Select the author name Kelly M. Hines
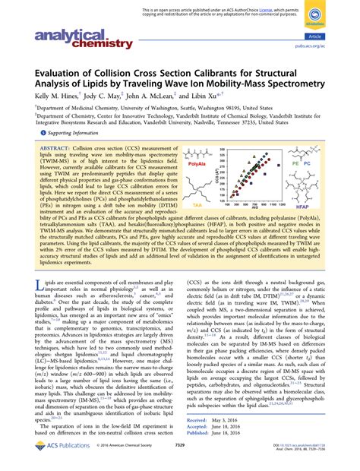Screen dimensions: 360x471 coord(52,99)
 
